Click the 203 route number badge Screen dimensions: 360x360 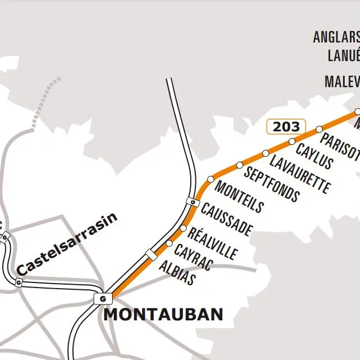coord(286,127)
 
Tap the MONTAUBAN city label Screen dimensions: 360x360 coord(163,315)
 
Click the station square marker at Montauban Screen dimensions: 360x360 coord(102,298)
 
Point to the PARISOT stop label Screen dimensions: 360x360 coord(340,147)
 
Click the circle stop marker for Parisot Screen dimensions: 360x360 coord(319,129)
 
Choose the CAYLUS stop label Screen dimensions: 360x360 coord(314,156)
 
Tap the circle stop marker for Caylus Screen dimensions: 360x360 coord(292,142)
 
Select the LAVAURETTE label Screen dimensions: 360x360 coord(299,174)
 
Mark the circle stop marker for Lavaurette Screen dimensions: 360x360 coord(265,153)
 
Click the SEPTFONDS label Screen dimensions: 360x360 coord(271,185)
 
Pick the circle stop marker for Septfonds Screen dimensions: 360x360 coord(239,165)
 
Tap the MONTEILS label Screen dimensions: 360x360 coord(239,198)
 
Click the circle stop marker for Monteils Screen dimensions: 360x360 coord(211,179)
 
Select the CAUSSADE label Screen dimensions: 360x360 coord(226,220)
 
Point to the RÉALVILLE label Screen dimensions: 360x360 coord(212,243)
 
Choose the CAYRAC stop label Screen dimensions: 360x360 coord(193,258)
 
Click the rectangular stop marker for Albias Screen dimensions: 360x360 coord(151,254)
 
